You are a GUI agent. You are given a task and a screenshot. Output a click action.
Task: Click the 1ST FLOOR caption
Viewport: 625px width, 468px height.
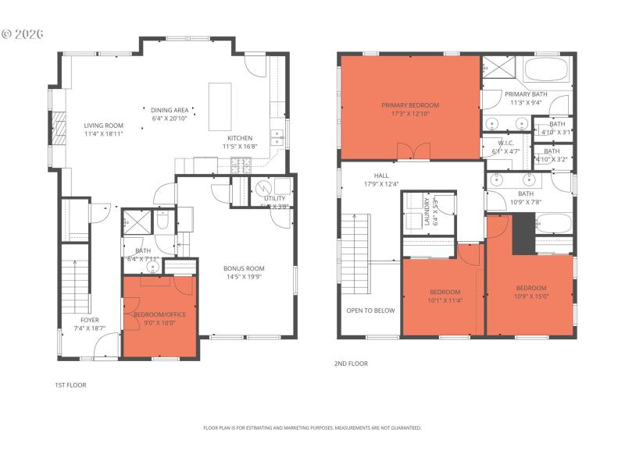70,385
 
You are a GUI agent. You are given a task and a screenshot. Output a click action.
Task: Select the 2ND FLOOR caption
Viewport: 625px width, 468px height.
351,363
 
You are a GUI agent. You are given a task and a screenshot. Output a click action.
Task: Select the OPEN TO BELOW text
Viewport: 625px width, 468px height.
370,310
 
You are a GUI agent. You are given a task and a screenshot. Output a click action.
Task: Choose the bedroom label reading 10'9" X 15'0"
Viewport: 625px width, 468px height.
530,291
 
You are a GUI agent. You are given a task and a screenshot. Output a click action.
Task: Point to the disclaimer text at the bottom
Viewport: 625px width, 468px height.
312,427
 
